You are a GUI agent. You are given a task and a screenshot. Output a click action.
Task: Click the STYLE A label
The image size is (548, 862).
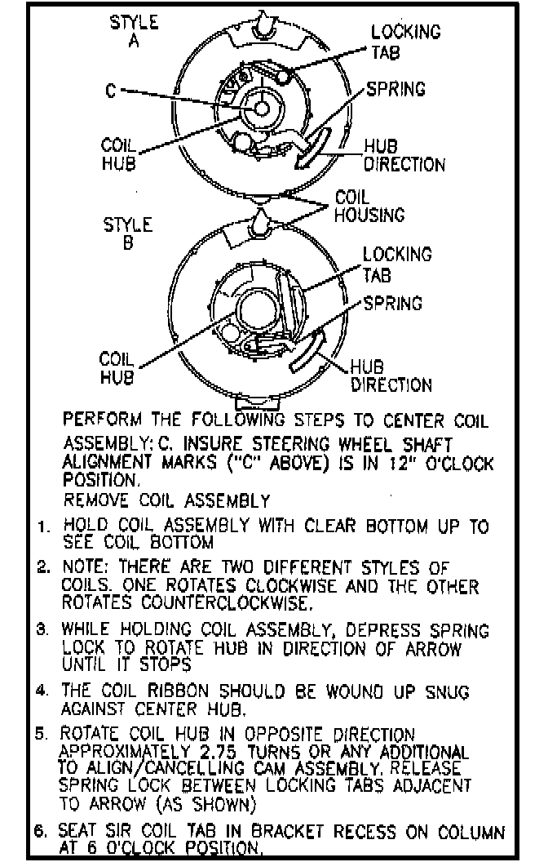[135, 30]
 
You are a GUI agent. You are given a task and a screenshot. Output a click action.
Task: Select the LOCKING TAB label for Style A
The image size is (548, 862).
[405, 41]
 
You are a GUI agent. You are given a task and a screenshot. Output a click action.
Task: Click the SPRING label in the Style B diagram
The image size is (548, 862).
[393, 304]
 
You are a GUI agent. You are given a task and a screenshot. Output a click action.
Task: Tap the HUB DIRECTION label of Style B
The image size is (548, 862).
[391, 375]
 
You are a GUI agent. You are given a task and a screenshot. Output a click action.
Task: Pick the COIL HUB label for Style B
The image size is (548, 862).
[116, 367]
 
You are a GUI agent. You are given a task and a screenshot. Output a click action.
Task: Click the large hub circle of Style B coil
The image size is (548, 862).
[259, 313]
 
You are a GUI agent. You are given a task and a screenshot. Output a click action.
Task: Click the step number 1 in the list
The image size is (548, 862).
[42, 527]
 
